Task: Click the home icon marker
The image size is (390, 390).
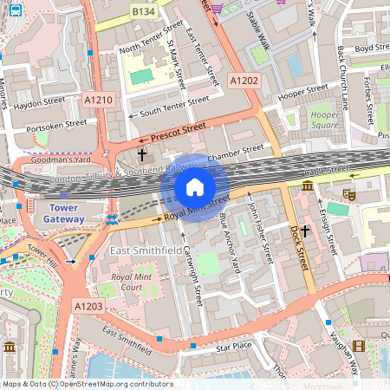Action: pyautogui.click(x=195, y=187)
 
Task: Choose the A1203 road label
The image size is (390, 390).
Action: pyautogui.click(x=88, y=306)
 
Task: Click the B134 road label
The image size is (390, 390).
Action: pyautogui.click(x=143, y=10)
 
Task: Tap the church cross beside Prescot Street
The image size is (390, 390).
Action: pyautogui.click(x=142, y=155)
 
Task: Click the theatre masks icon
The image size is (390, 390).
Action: pyautogui.click(x=350, y=197)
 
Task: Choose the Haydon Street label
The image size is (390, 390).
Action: pyautogui.click(x=40, y=101)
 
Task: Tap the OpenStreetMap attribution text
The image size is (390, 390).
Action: pyautogui.click(x=87, y=384)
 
